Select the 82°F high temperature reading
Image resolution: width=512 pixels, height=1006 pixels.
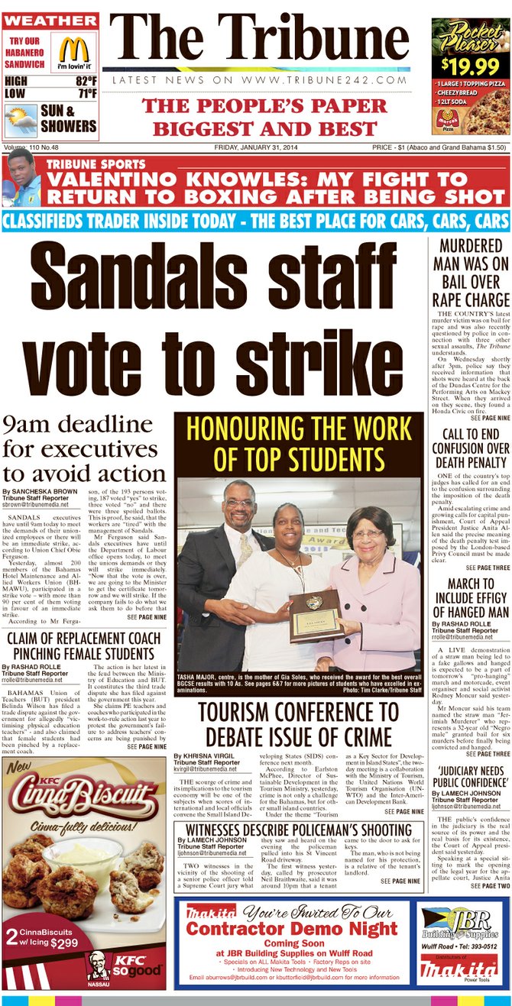(x=86, y=81)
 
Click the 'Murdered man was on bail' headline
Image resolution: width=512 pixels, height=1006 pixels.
(x=469, y=274)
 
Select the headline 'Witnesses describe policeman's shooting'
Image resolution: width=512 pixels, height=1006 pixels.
(x=299, y=830)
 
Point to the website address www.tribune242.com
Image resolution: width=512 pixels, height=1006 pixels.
(x=260, y=80)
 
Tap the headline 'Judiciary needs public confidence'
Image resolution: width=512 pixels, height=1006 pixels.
(x=469, y=781)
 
